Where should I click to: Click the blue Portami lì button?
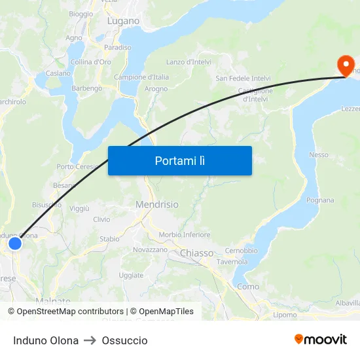[x=179, y=160]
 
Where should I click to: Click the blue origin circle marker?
[x=14, y=243]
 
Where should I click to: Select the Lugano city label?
[x=123, y=21]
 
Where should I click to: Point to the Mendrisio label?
[x=156, y=205]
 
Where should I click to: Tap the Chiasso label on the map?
[x=196, y=253]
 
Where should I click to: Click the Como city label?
[x=248, y=286]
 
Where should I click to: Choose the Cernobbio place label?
[x=241, y=251]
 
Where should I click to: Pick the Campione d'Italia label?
[x=141, y=77]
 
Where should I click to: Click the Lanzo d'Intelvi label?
[x=188, y=62]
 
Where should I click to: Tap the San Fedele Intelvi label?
[x=243, y=79]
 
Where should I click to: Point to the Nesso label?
[x=318, y=155]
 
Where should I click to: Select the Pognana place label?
[x=320, y=200]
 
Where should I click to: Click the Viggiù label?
[x=79, y=209]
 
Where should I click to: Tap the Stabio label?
[x=109, y=239]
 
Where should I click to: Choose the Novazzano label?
[x=150, y=249]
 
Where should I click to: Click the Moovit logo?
[x=320, y=340]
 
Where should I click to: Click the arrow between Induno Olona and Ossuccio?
[x=90, y=340]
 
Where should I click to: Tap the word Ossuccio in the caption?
[x=124, y=340]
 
